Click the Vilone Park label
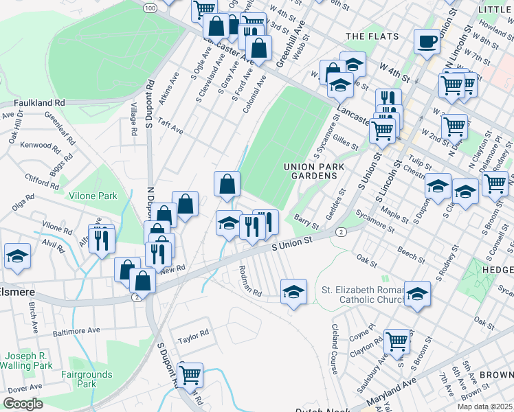[93, 196]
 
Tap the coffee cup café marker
[427, 42]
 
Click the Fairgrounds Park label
[87, 379]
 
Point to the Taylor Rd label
[193, 337]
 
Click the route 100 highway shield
[150, 7]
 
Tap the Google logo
[23, 404]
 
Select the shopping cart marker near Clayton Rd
[397, 341]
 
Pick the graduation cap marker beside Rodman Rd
[293, 292]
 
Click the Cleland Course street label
[335, 349]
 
